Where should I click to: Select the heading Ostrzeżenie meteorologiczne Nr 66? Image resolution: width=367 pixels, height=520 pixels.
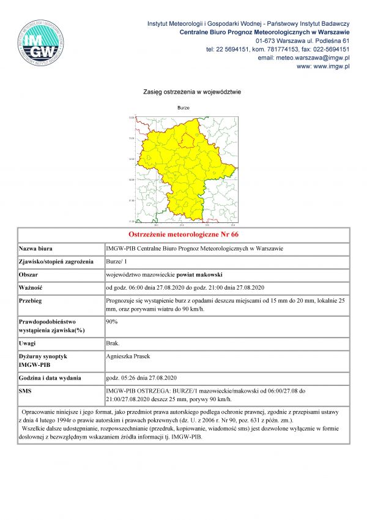183,235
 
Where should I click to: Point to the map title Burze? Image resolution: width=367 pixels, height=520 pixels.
183,108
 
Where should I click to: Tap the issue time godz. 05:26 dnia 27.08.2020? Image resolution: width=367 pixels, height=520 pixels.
141,377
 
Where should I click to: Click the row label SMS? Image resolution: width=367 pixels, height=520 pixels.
26,390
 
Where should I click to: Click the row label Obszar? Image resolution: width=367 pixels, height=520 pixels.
29,275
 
